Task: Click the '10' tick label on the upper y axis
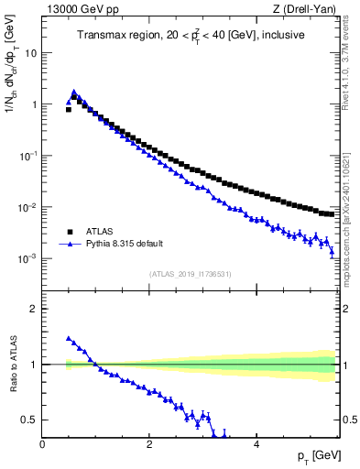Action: pyautogui.click(x=29, y=53)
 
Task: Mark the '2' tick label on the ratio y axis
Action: pyautogui.click(x=33, y=309)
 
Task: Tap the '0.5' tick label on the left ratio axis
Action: pyautogui.click(x=29, y=420)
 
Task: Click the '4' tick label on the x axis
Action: pyautogui.click(x=256, y=444)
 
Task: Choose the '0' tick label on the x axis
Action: pyautogui.click(x=42, y=444)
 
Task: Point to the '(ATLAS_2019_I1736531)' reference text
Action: pyautogui.click(x=191, y=274)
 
